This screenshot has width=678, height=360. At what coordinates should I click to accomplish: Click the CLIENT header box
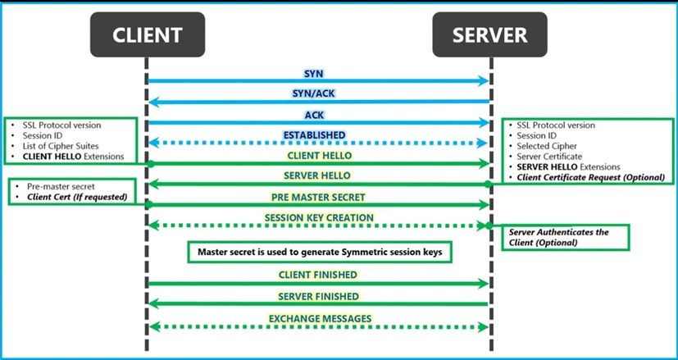(x=147, y=34)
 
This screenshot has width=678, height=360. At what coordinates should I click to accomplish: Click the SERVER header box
(x=490, y=34)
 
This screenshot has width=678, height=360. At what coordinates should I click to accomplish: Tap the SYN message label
(x=313, y=74)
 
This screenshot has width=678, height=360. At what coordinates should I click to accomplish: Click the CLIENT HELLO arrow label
(x=316, y=155)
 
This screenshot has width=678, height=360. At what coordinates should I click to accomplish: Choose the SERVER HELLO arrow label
(x=316, y=175)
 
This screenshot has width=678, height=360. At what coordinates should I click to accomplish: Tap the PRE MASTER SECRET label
(x=316, y=198)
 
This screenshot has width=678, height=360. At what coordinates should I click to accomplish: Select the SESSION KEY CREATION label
(x=316, y=217)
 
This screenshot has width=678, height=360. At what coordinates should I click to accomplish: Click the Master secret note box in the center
(x=319, y=253)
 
